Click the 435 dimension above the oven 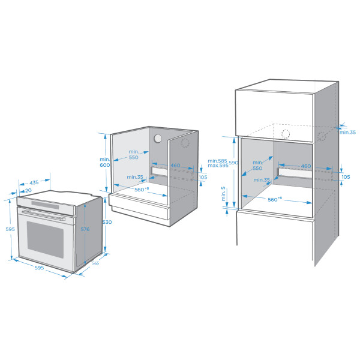(34, 183)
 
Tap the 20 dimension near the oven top (28, 190)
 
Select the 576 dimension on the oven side (85, 229)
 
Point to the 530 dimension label (107, 222)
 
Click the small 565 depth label (95, 263)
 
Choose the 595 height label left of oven (10, 229)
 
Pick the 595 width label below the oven (39, 268)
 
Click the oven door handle (43, 215)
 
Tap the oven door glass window (45, 239)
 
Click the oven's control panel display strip (45, 205)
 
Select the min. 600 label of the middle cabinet (104, 162)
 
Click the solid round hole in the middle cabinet (158, 139)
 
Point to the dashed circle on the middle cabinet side (185, 143)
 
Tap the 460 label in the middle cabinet (175, 166)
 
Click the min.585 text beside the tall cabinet (217, 161)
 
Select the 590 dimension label (233, 163)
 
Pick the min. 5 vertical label (223, 194)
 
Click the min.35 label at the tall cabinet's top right (348, 132)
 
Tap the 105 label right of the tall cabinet (346, 177)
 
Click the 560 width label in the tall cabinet (275, 199)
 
